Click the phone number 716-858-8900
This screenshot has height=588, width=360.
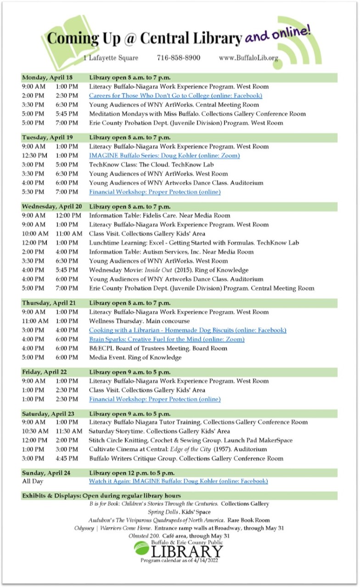click(179, 58)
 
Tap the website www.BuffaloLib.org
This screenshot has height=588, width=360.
click(248, 58)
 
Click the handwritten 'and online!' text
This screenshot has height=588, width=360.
click(278, 35)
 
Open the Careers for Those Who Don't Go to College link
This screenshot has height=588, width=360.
click(175, 96)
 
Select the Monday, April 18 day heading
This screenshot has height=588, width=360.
click(47, 77)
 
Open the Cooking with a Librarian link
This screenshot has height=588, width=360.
click(187, 330)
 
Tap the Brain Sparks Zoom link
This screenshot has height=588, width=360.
click(167, 339)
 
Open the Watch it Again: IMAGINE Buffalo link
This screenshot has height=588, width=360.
click(178, 481)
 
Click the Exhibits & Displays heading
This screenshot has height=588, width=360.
click(101, 496)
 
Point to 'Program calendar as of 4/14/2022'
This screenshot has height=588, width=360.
click(179, 560)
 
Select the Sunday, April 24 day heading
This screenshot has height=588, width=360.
click(47, 473)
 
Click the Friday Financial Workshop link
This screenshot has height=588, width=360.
click(155, 399)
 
